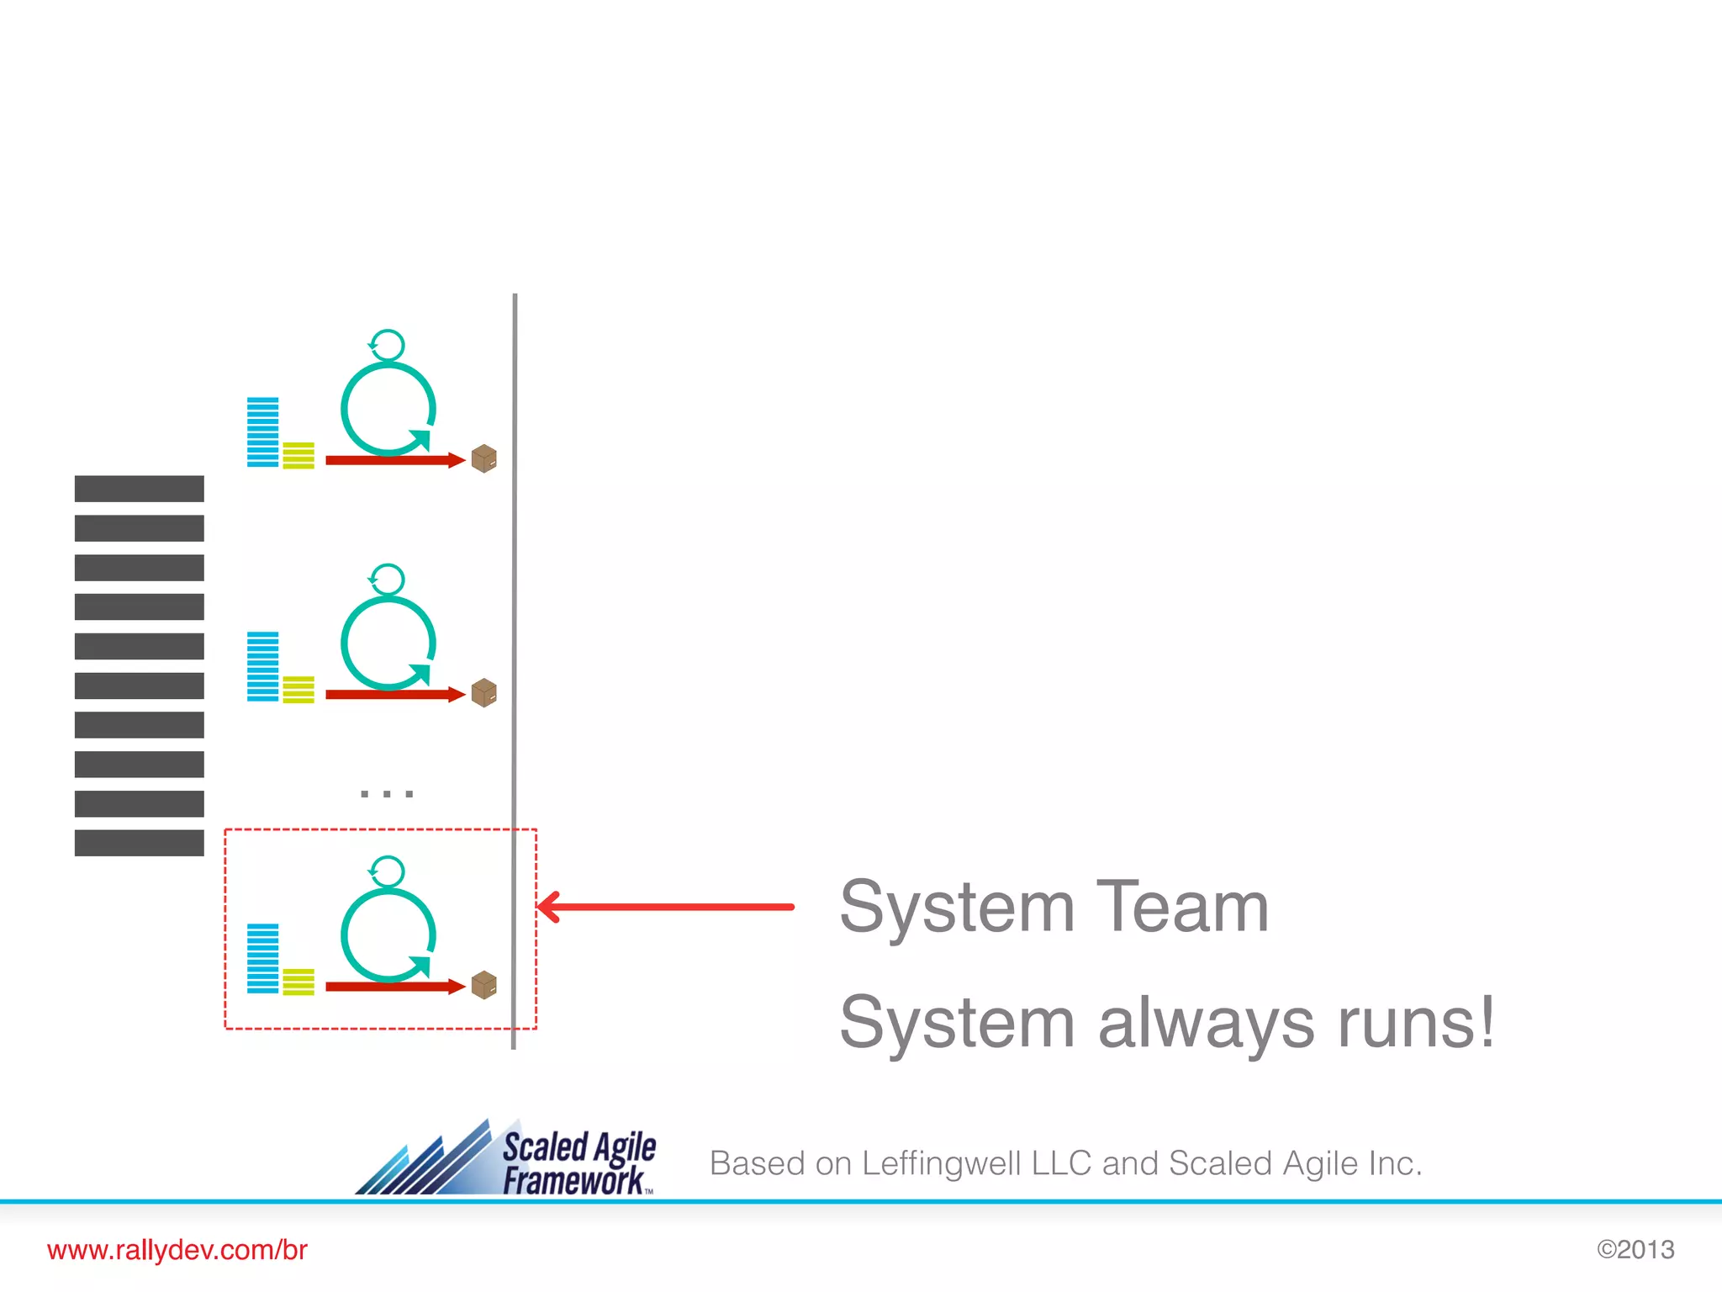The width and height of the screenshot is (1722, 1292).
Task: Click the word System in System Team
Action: (x=957, y=907)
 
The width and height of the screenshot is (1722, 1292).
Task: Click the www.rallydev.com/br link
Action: (x=177, y=1250)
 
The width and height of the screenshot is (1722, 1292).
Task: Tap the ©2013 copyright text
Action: (x=1635, y=1250)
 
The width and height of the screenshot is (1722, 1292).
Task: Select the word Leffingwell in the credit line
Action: (x=941, y=1164)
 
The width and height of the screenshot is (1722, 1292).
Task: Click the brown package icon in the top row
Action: (x=484, y=459)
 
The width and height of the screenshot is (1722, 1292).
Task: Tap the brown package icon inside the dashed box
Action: (x=484, y=985)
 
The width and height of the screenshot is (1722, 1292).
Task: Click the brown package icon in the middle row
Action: (x=484, y=693)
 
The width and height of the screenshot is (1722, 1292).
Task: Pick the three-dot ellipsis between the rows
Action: (x=387, y=793)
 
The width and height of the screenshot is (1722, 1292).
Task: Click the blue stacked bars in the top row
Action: (x=262, y=432)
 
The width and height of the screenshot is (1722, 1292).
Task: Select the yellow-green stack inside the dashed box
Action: (x=298, y=982)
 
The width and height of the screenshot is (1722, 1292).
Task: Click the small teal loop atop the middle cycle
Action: (x=387, y=580)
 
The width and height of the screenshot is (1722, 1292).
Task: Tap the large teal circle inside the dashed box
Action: (x=388, y=935)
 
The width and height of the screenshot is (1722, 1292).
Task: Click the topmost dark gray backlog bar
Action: (x=140, y=489)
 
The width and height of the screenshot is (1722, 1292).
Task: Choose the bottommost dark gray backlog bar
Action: (x=140, y=843)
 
